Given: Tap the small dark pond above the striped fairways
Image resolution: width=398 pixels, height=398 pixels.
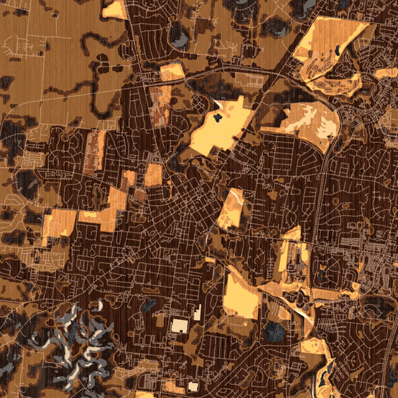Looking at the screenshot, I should (338, 48).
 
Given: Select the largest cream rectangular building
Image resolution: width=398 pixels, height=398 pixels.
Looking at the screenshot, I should (180, 325).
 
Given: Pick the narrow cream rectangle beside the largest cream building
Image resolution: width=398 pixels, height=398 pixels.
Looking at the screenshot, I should (197, 312).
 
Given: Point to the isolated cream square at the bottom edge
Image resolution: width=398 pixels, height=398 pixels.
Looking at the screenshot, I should (193, 386).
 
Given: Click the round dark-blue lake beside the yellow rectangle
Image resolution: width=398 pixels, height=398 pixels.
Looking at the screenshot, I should (273, 330).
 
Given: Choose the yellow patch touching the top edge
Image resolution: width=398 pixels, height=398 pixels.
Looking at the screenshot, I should (115, 9).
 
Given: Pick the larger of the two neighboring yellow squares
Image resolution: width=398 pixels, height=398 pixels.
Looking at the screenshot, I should (153, 174).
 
